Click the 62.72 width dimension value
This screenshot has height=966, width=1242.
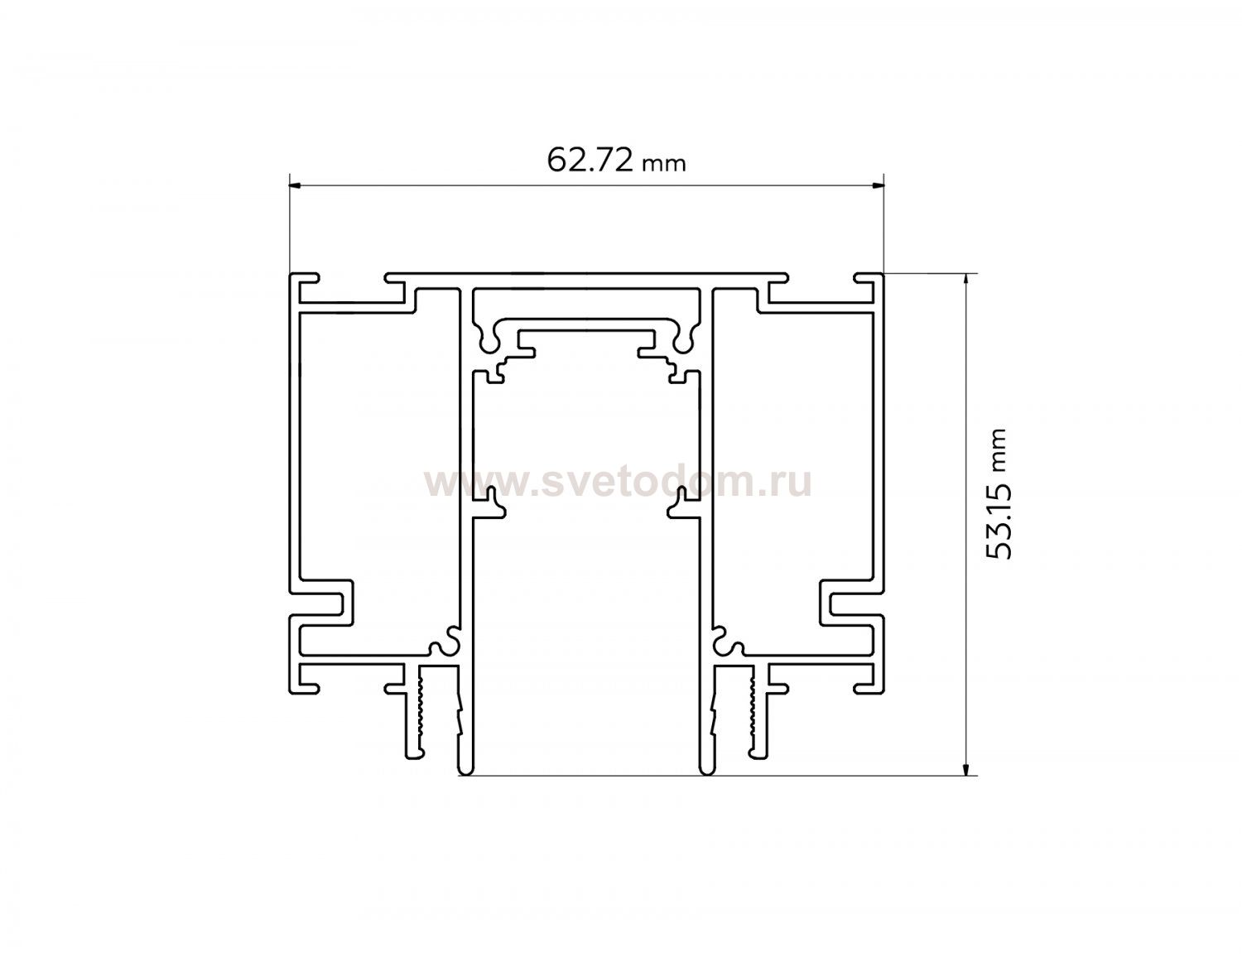pyautogui.click(x=590, y=160)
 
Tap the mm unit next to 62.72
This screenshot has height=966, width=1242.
pyautogui.click(x=663, y=165)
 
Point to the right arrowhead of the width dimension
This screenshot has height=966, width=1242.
pyautogui.click(x=878, y=185)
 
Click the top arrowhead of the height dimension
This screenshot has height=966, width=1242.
pyautogui.click(x=966, y=281)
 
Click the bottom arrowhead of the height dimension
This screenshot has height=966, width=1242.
pyautogui.click(x=966, y=768)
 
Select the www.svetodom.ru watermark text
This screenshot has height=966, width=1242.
pyautogui.click(x=618, y=483)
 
